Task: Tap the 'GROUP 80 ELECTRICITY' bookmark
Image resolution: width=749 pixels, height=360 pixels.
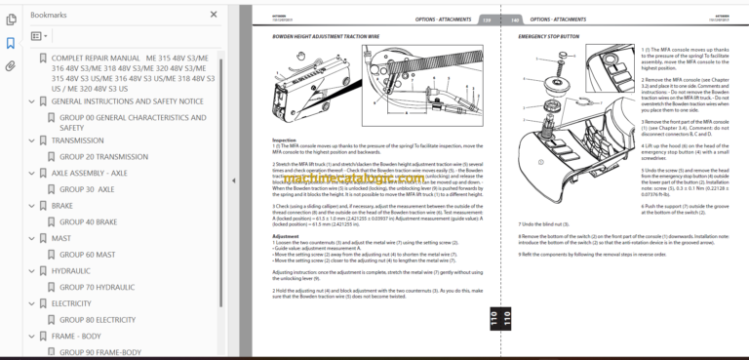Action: pos(97,319)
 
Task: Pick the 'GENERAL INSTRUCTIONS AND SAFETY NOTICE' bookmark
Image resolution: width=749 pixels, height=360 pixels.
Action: pos(127,100)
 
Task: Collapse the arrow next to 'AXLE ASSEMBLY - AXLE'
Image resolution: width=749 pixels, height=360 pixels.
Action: pos(42,173)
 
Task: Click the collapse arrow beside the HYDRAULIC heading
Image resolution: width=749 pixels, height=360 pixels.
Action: pos(42,271)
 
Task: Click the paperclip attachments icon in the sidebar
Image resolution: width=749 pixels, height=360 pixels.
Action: pos(11,66)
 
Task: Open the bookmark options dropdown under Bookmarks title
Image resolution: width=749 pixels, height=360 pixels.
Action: pos(40,36)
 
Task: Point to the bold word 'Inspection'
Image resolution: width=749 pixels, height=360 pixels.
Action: pos(284,140)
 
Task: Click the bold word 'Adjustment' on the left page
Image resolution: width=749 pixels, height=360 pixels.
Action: pos(285,235)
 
